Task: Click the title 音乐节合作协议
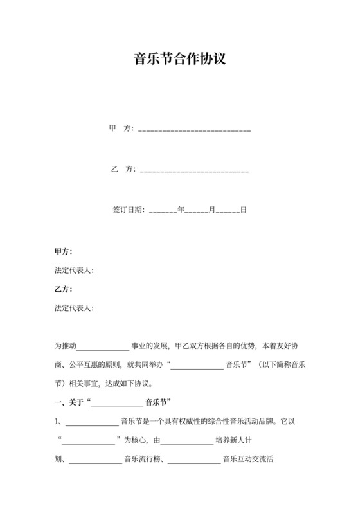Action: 179,60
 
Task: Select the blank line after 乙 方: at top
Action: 194,170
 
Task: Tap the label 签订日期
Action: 128,210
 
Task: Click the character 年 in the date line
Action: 181,210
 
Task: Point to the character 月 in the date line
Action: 212,210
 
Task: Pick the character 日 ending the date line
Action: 244,210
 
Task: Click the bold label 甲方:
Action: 63,251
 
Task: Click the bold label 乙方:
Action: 63,290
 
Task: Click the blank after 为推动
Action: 103,346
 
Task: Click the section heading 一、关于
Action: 69,404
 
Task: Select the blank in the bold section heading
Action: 117,405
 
